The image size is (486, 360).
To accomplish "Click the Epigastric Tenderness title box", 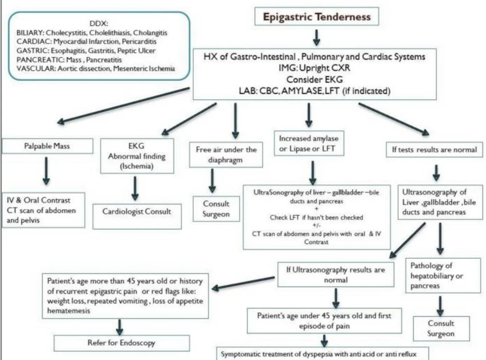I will point(316,17).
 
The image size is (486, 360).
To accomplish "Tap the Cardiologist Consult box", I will point(132,211).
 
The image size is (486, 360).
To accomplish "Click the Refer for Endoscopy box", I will point(121,343).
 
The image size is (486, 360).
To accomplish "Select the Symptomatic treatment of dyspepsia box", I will point(318,354).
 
